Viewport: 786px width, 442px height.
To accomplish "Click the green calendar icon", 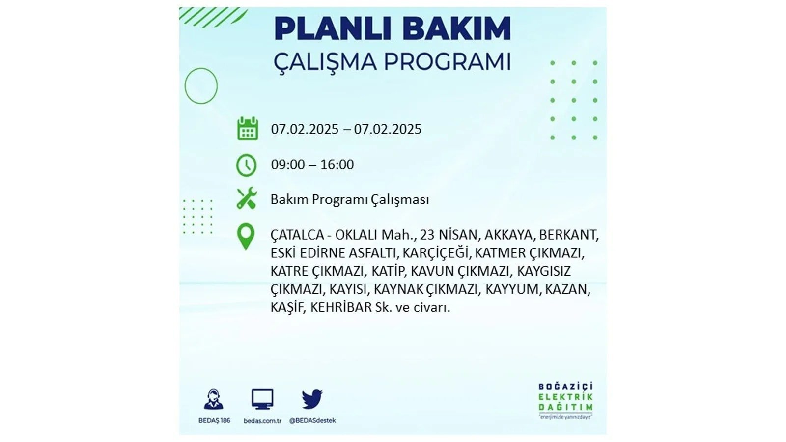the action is tap(248, 129).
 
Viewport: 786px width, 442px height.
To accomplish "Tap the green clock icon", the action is tap(246, 165).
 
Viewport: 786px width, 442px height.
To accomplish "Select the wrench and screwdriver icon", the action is tap(247, 198).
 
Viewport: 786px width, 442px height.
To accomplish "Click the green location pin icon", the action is tap(246, 237).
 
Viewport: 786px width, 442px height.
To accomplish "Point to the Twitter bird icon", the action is tap(312, 399).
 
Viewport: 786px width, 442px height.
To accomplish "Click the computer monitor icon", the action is tap(262, 399).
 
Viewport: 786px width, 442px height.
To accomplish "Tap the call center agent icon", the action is tap(214, 399).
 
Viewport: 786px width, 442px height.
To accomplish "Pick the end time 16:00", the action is tap(337, 165).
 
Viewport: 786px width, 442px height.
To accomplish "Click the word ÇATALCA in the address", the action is tap(297, 235).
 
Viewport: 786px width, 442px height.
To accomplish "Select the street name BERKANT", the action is tap(568, 235).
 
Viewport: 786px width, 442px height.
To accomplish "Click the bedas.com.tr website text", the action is tap(262, 420).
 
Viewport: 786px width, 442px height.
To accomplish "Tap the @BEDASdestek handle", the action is tap(312, 420).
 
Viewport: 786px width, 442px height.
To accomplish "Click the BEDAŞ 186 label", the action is tap(214, 420).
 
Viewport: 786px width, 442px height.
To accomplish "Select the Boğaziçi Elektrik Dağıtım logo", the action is tap(565, 401).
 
